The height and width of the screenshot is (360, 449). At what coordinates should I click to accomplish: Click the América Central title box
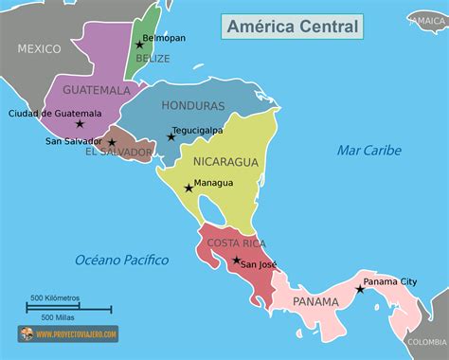294,27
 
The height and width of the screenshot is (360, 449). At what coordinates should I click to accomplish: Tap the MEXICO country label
39,47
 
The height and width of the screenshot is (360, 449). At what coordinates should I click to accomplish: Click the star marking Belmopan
139,45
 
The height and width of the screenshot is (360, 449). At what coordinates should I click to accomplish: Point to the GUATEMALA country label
96,90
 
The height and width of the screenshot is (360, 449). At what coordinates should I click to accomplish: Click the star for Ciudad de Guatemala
80,123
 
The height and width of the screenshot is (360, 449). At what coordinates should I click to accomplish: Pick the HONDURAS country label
193,106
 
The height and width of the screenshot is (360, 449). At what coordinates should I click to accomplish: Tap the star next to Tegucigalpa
171,136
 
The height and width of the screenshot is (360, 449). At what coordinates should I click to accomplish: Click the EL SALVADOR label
118,152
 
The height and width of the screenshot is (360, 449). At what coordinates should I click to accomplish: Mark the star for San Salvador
112,143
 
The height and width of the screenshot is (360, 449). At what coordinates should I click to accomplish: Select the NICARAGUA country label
225,161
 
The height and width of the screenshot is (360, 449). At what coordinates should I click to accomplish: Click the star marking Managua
189,188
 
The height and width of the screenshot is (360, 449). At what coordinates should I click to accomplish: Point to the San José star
237,260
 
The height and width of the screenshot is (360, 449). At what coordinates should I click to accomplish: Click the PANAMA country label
315,301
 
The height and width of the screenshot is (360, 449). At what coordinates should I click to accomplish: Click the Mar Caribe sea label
368,150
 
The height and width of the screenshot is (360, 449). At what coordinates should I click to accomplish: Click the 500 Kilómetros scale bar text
54,298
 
